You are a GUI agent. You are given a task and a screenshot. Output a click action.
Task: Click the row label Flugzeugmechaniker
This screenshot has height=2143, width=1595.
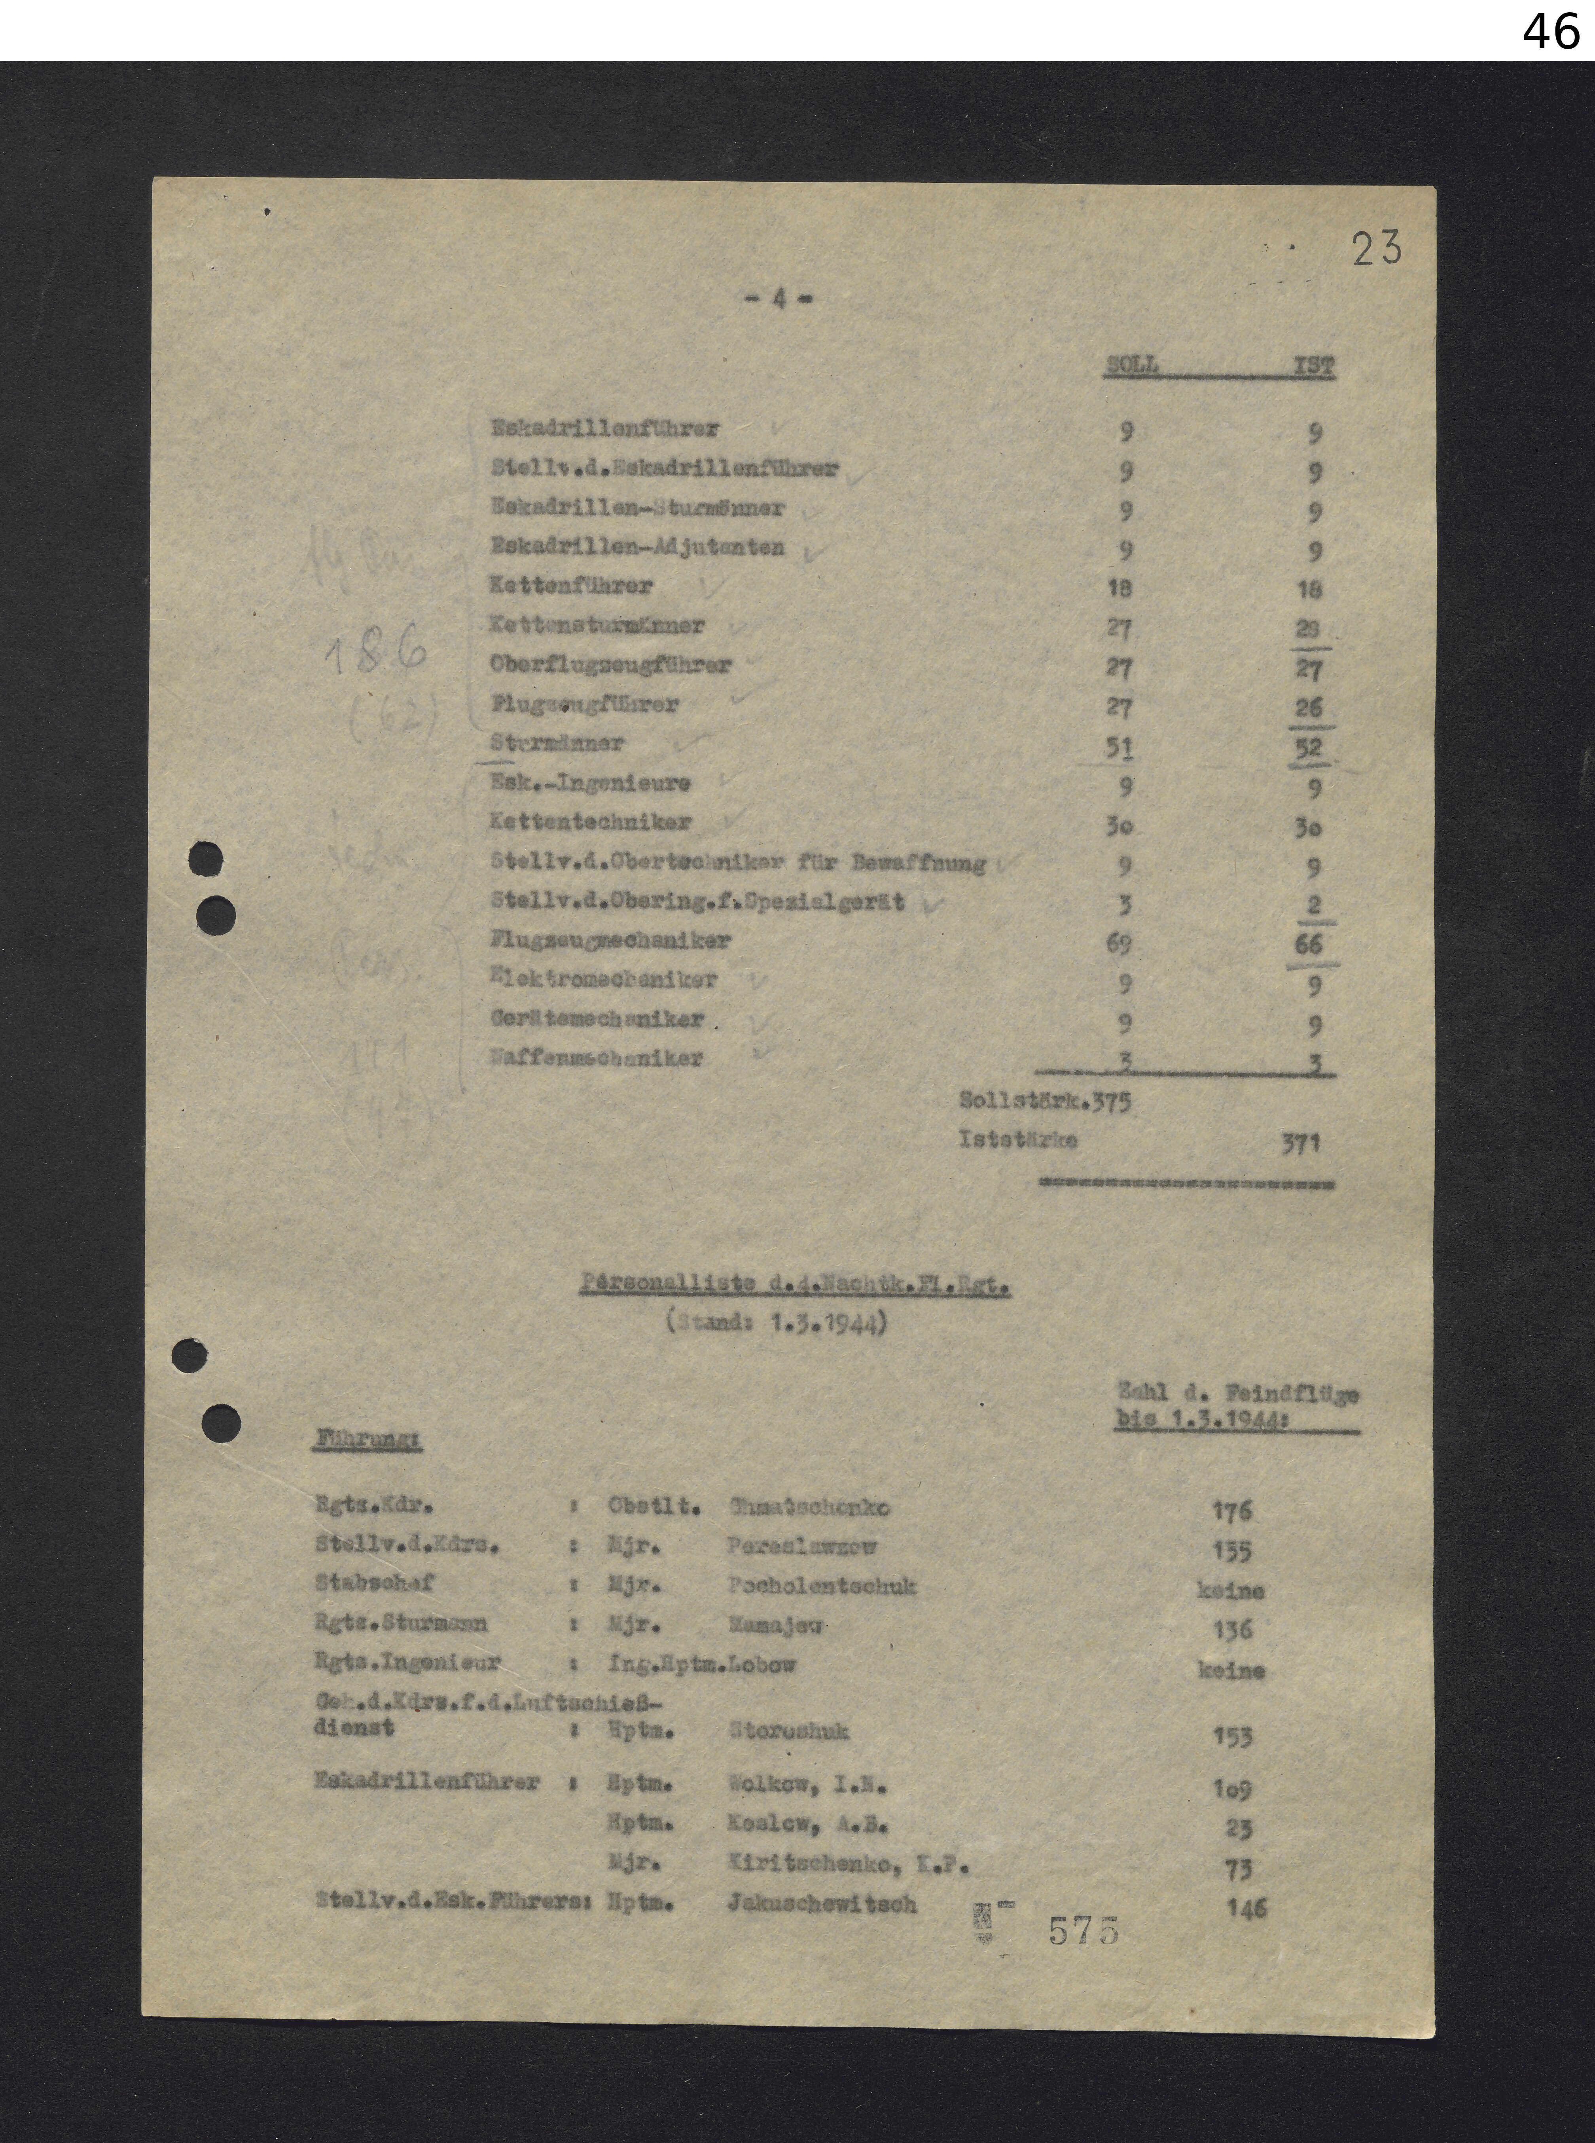610,940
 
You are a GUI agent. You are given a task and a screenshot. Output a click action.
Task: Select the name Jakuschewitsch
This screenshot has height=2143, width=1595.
822,1904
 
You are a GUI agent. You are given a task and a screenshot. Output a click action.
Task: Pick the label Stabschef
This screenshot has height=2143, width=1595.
375,1583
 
